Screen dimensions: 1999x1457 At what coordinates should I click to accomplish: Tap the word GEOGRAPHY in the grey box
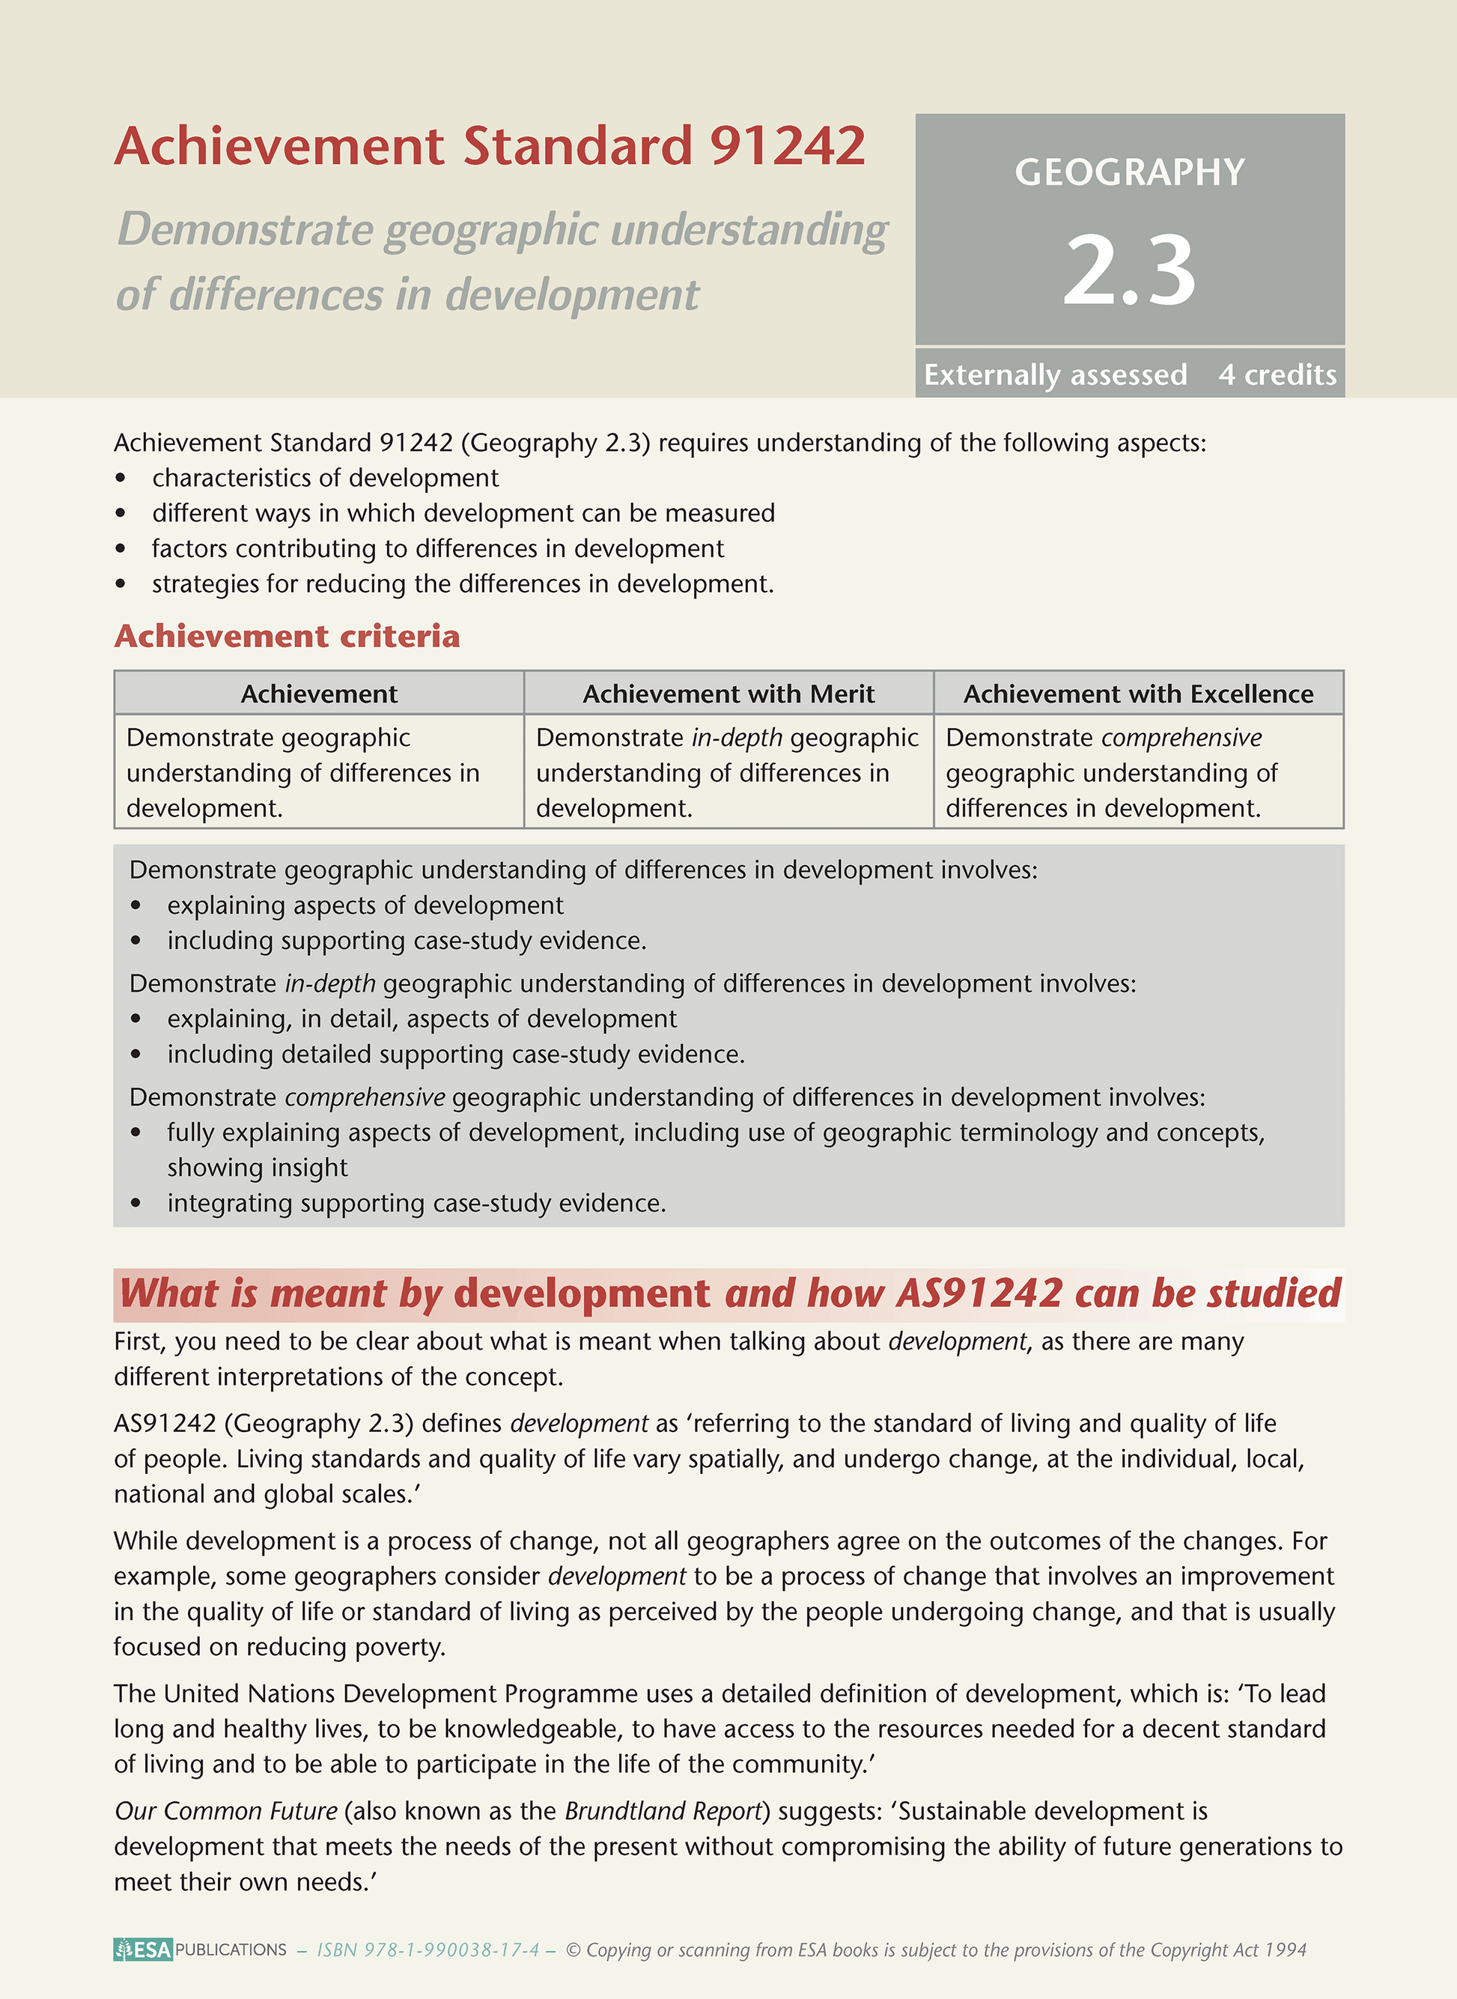click(1129, 172)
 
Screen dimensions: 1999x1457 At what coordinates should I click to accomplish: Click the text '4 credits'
click(1277, 375)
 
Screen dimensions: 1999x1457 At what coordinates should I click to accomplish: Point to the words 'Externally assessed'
click(1055, 375)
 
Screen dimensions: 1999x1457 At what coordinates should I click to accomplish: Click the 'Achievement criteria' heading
click(287, 636)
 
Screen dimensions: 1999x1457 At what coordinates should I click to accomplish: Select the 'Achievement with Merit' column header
click(728, 694)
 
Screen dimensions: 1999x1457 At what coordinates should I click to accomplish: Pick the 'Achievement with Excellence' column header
click(1138, 694)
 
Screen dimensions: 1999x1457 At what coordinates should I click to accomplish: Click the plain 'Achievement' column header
click(319, 694)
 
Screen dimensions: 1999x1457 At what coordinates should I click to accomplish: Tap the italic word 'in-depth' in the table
click(737, 738)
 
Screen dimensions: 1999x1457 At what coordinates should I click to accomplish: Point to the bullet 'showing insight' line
click(258, 1168)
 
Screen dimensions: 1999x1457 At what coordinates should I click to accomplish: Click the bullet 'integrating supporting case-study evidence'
click(416, 1204)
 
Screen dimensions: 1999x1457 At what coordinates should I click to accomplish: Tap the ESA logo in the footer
click(143, 1950)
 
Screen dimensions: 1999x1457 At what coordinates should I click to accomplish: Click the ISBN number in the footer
click(428, 1950)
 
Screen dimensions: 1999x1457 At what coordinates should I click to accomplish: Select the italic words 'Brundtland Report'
click(663, 1811)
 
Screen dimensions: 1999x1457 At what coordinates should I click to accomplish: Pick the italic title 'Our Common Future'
click(226, 1811)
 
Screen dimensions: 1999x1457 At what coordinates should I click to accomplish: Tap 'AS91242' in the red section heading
click(979, 1294)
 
